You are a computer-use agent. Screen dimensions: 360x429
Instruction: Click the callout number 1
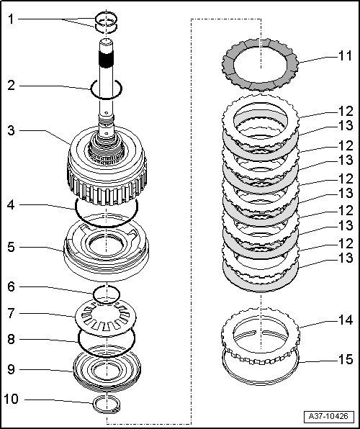point(11,19)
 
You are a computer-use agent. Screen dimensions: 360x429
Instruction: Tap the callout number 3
point(11,130)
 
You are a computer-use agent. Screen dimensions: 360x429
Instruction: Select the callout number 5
point(11,248)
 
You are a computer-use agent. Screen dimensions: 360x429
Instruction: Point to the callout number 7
point(11,313)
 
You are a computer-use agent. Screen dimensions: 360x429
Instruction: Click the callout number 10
point(12,399)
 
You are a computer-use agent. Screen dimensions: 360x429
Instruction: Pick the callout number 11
point(345,56)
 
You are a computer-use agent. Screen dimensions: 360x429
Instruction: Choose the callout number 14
point(346,320)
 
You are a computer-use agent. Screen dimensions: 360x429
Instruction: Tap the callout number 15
point(346,359)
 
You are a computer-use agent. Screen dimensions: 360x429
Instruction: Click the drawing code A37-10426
point(328,417)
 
